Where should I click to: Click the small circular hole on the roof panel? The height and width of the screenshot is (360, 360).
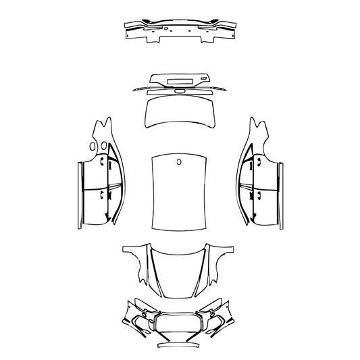click(x=179, y=161)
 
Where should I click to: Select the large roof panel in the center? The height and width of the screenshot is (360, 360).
click(x=179, y=196)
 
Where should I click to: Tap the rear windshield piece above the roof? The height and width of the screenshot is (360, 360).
click(x=178, y=112)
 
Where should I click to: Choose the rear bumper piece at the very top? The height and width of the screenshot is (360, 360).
click(x=179, y=30)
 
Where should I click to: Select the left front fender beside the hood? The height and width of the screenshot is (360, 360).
click(x=138, y=260)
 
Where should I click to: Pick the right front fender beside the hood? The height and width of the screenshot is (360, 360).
click(x=220, y=260)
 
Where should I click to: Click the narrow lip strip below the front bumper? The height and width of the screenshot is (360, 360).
click(x=179, y=345)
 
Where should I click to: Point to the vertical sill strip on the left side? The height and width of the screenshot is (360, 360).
click(x=77, y=192)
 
